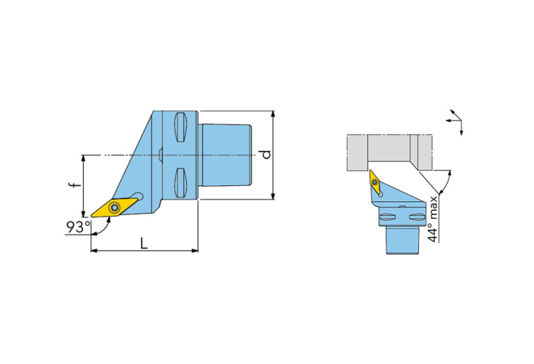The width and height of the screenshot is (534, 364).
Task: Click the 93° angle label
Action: [79, 227]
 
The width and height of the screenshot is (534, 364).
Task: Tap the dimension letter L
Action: [144, 243]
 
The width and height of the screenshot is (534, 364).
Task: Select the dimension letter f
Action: [77, 184]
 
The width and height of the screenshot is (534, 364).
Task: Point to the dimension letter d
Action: [267, 155]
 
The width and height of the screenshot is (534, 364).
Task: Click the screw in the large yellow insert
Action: [115, 207]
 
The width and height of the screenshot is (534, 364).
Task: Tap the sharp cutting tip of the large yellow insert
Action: [91, 216]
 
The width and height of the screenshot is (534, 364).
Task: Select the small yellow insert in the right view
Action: [375, 182]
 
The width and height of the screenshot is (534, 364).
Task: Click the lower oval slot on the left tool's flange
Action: [180, 183]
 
